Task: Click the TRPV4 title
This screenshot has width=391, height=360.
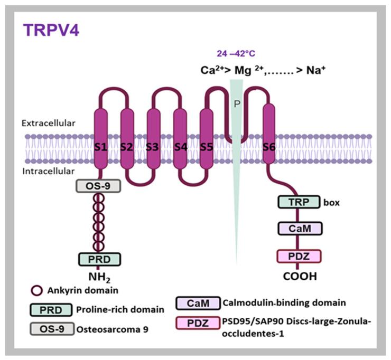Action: click(x=52, y=30)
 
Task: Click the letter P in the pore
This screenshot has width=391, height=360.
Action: click(x=237, y=104)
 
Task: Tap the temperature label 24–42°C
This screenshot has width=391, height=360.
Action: click(x=235, y=53)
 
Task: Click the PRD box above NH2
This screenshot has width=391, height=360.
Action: click(x=100, y=259)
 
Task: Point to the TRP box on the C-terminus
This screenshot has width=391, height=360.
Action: click(x=300, y=202)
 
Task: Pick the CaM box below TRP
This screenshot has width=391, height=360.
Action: click(x=300, y=228)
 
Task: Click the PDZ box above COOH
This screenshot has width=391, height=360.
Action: click(x=300, y=257)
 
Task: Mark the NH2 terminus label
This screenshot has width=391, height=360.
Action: click(x=99, y=275)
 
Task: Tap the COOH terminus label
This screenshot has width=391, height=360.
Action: click(x=300, y=275)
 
